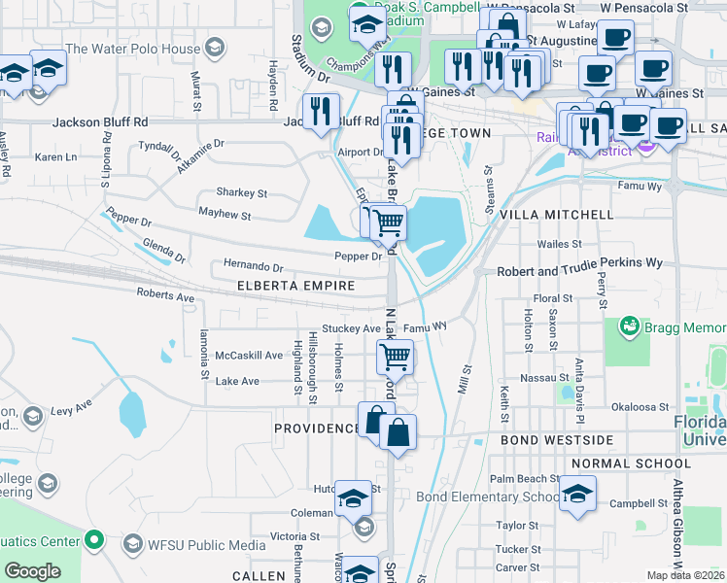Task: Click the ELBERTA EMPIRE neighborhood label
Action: pos(296,286)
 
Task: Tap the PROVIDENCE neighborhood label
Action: pos(316,429)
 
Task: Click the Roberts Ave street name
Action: pos(165,294)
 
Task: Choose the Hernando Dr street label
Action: pos(253,267)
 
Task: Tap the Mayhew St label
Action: pos(225,215)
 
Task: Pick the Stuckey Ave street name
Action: pos(351,328)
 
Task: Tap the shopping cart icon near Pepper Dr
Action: pos(388,222)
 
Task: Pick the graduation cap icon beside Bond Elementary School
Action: pos(578,496)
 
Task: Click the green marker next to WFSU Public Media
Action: pos(94,538)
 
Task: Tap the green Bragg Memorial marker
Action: pos(628,325)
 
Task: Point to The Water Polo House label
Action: pos(133,48)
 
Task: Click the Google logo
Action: pos(32,571)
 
